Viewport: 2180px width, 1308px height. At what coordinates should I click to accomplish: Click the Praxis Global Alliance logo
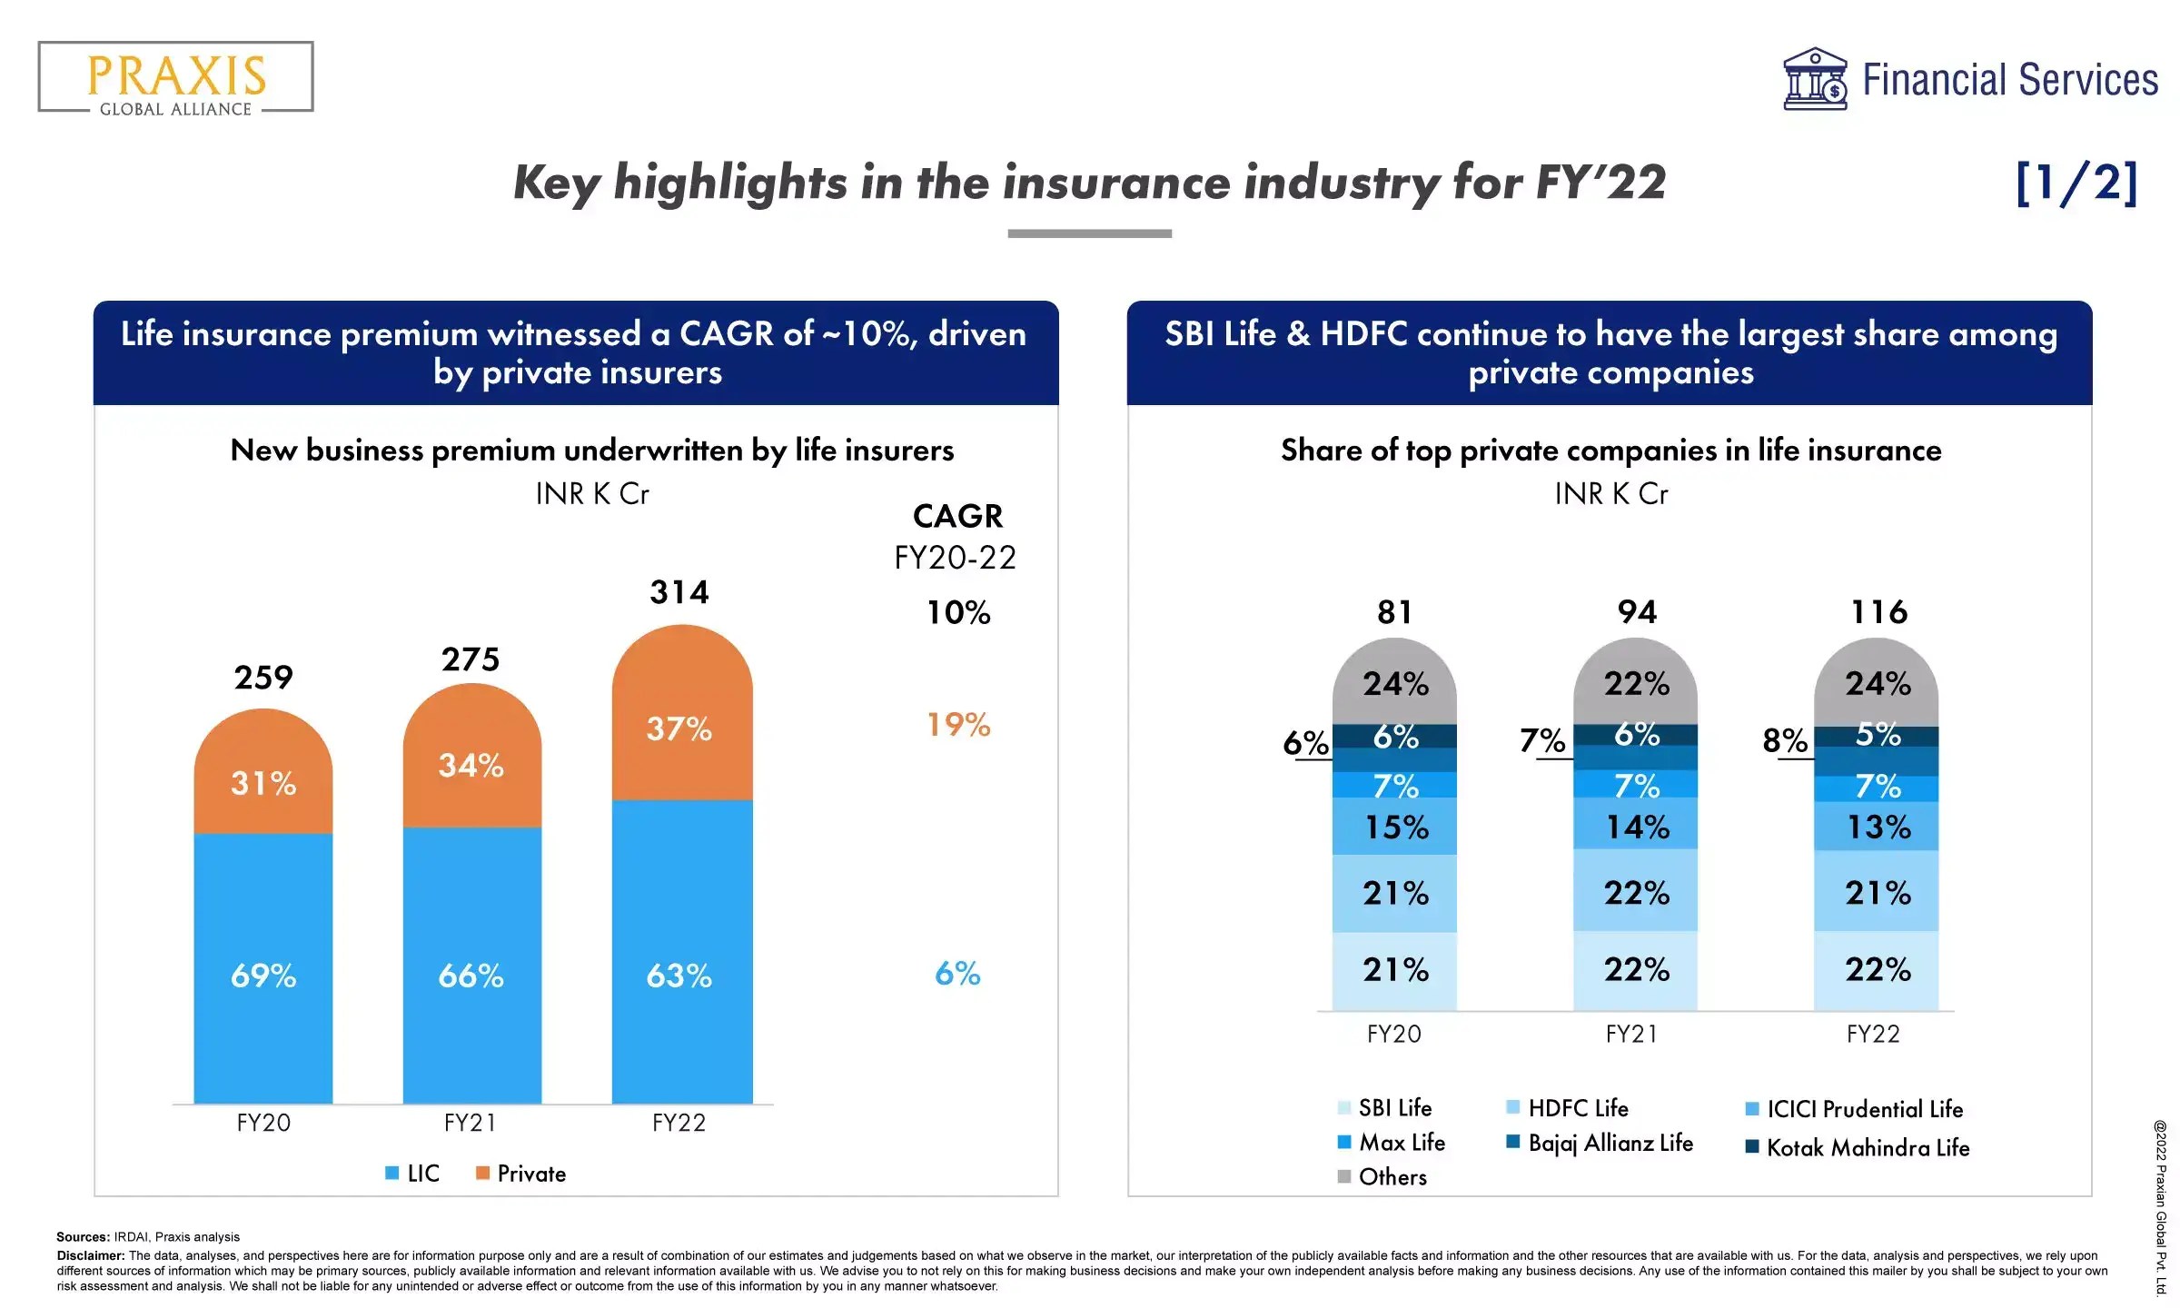(x=175, y=79)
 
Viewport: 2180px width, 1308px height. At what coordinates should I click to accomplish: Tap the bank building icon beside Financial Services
(x=1814, y=79)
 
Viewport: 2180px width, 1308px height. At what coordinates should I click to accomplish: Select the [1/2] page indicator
(x=2076, y=183)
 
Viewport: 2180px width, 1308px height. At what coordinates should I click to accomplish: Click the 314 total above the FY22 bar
(x=679, y=593)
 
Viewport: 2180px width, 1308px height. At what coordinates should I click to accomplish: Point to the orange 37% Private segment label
(x=679, y=728)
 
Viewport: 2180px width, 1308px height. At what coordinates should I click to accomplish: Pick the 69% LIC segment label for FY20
(x=263, y=976)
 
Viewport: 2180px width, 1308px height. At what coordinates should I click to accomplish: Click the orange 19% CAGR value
(x=958, y=725)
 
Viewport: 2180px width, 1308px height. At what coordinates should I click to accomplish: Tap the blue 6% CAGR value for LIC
(x=957, y=975)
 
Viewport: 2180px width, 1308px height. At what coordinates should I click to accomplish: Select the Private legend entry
(x=521, y=1174)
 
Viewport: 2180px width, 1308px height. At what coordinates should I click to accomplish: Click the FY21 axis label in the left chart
(x=471, y=1124)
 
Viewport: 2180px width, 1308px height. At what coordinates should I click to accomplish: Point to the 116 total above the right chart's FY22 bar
(x=1878, y=612)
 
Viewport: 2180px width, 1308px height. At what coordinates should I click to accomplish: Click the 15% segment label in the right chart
(x=1396, y=827)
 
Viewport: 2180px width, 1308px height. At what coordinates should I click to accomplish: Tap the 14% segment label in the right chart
(x=1637, y=827)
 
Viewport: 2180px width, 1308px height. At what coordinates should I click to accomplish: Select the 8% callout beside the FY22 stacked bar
(x=1784, y=741)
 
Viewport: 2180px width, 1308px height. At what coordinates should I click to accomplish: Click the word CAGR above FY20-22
(x=957, y=517)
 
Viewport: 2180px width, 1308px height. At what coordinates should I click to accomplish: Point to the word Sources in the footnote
(x=83, y=1237)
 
